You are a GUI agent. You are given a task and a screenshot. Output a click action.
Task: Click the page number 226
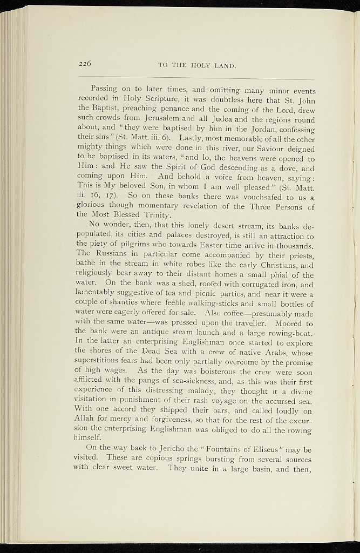pyautogui.click(x=85, y=63)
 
